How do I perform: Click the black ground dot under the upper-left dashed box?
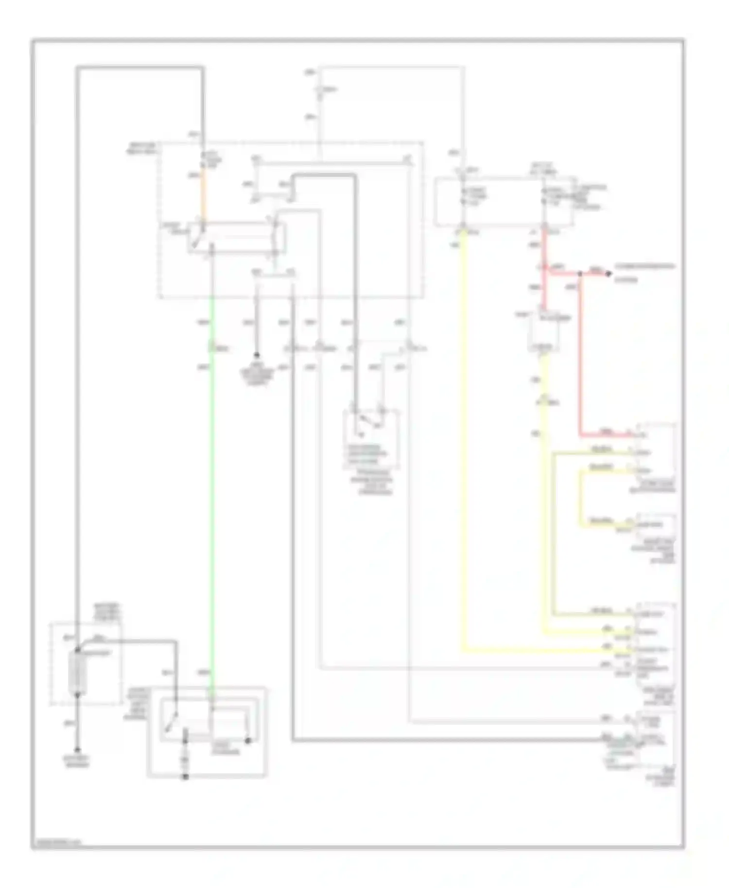point(257,356)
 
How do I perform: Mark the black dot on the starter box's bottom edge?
point(185,777)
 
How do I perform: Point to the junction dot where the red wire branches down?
point(580,274)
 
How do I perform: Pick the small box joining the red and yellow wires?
point(543,333)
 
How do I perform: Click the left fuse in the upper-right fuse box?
point(464,195)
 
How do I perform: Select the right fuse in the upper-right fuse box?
point(544,195)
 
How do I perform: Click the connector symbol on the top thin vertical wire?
point(319,92)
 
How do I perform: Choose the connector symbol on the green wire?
point(212,348)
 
